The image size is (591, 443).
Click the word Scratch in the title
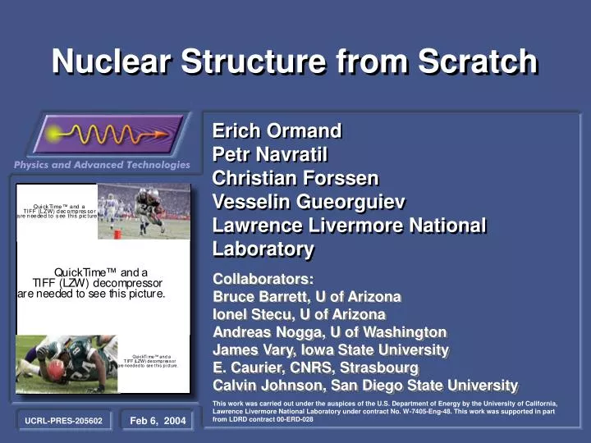(479, 62)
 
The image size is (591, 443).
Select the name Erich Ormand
(277, 130)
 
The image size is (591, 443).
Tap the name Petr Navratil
(270, 154)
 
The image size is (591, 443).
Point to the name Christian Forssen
(295, 178)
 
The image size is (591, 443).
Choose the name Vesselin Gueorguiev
(309, 202)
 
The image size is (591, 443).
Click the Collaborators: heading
(263, 279)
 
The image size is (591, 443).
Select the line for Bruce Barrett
(307, 296)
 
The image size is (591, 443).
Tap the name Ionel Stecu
(299, 314)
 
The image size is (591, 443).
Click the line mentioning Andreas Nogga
(329, 332)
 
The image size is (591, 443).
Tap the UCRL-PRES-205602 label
(63, 421)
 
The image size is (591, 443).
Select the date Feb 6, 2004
(158, 421)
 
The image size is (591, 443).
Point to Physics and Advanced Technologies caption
(102, 165)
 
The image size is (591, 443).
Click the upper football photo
(144, 211)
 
